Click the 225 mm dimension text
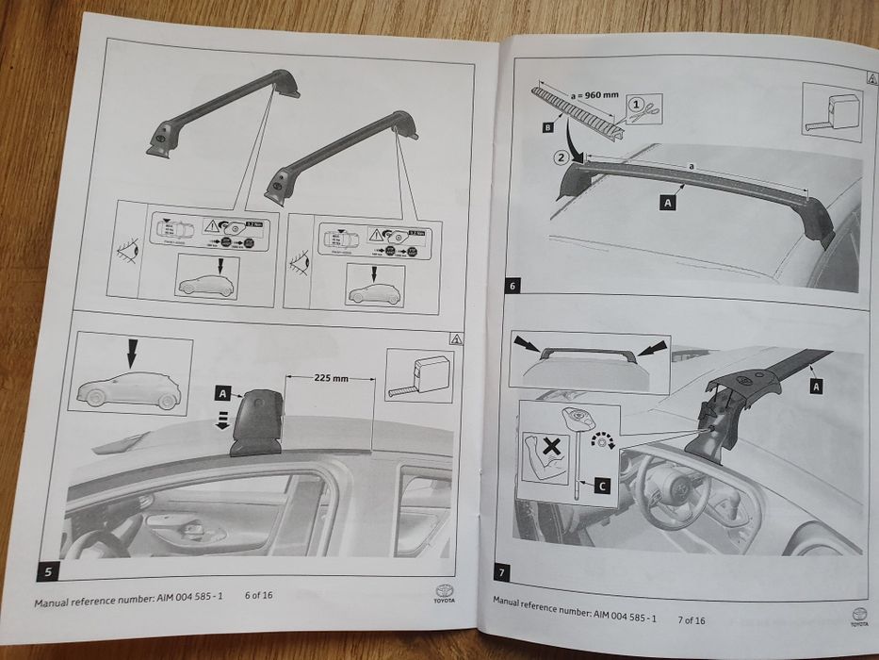[326, 377]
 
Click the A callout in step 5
[221, 390]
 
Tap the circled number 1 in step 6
[636, 105]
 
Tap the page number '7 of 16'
[690, 619]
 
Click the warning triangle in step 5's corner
[455, 338]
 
